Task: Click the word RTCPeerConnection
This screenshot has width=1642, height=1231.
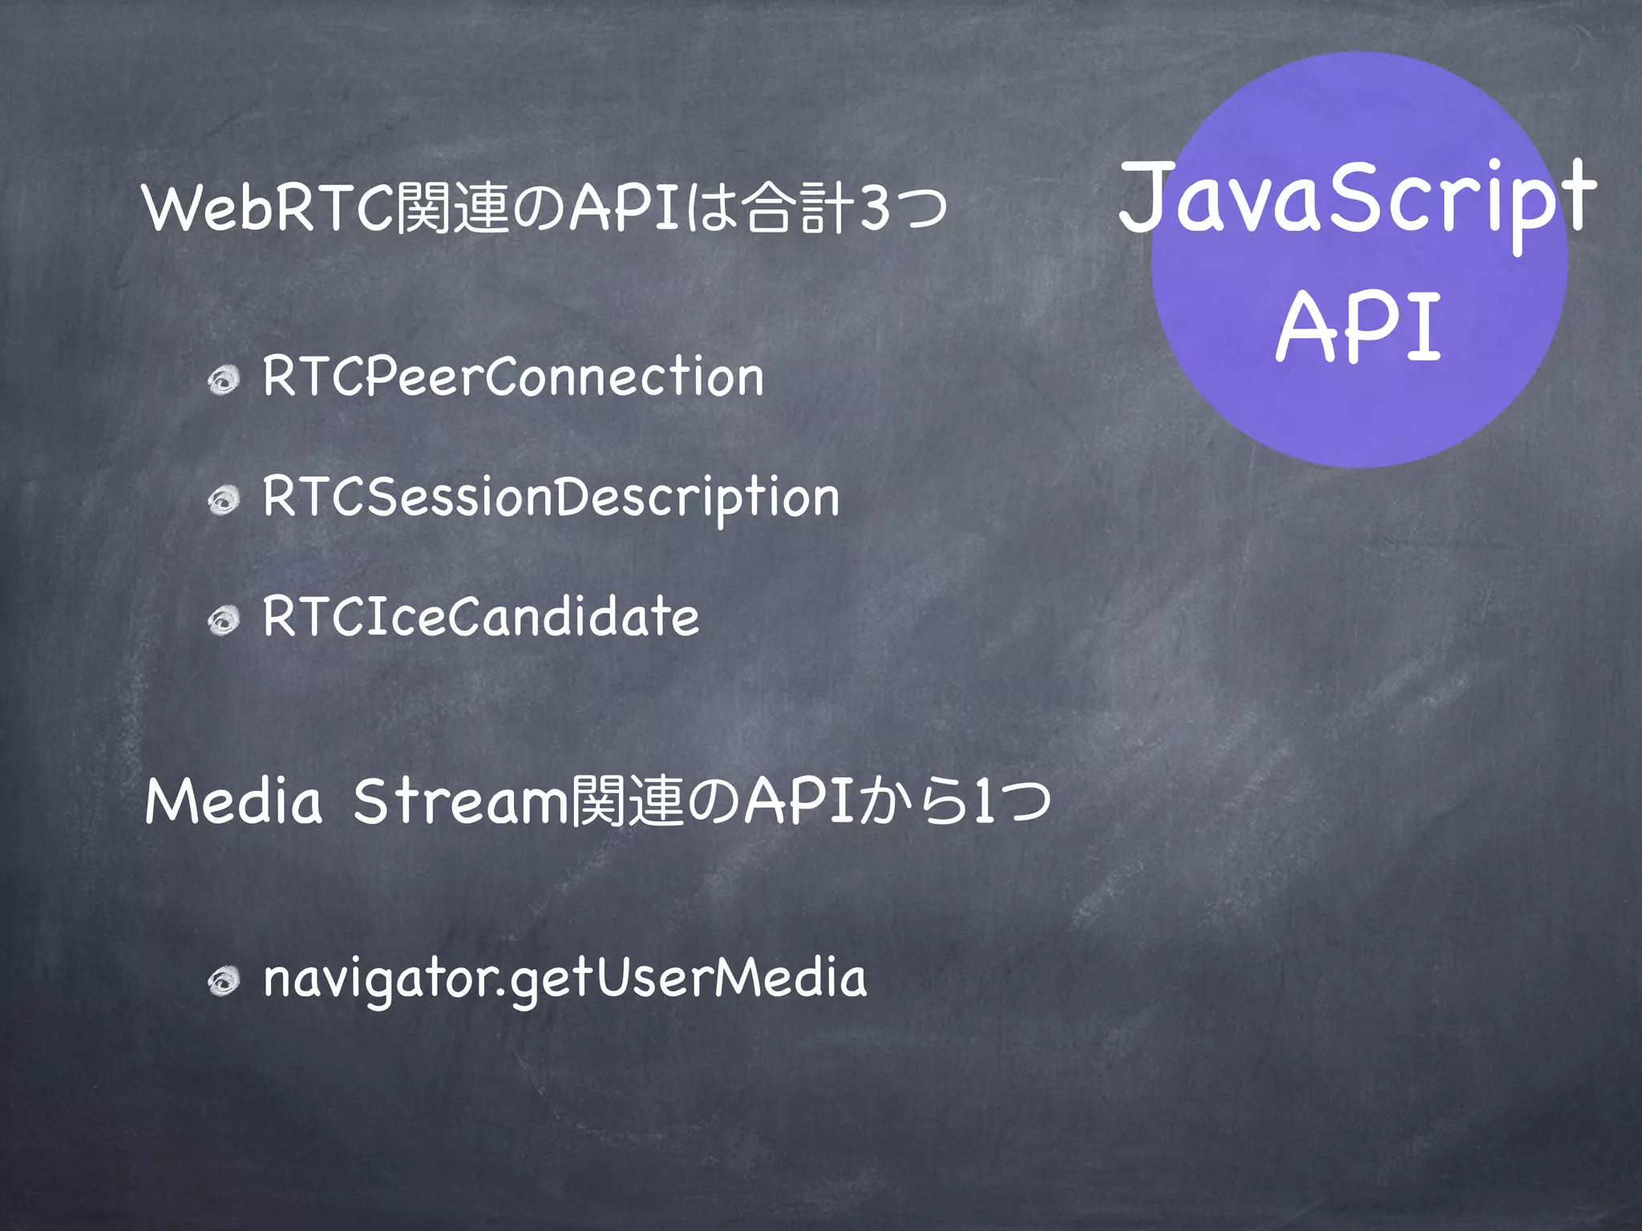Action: coord(513,376)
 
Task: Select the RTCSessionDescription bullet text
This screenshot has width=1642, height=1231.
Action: coord(551,497)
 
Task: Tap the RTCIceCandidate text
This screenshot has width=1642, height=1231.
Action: coord(481,616)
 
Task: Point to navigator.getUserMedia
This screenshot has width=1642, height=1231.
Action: coord(565,979)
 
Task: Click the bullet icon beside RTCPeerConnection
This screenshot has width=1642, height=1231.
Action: coord(224,380)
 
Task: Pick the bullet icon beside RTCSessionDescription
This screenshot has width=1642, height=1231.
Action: coord(224,501)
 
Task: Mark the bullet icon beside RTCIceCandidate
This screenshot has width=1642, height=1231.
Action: coord(224,620)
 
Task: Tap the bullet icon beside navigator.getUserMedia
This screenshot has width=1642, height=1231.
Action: coord(224,982)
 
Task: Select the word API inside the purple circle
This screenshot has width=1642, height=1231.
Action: coord(1358,327)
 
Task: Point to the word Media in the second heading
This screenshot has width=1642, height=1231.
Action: coord(233,801)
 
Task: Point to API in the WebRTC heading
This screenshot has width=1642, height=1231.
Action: coord(625,208)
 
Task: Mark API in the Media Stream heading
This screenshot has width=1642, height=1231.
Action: coord(800,801)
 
